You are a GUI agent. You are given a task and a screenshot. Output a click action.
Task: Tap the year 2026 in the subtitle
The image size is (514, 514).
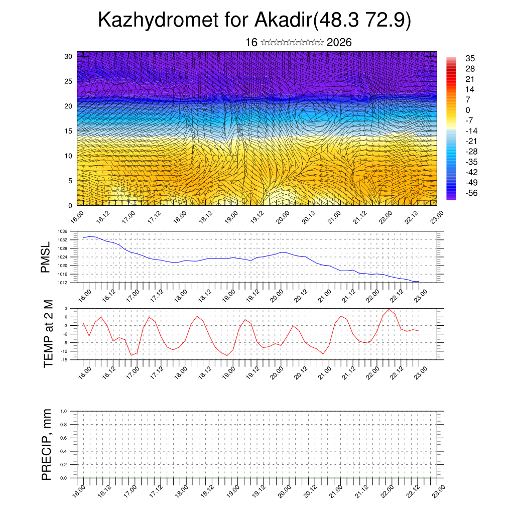point(339,42)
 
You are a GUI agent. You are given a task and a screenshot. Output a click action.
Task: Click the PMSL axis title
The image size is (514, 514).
point(46,258)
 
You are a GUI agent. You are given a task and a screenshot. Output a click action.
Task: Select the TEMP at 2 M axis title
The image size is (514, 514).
point(48,334)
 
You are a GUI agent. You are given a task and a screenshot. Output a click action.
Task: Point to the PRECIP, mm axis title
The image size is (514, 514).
point(47,444)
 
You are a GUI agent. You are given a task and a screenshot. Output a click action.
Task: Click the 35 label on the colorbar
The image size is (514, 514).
point(470,58)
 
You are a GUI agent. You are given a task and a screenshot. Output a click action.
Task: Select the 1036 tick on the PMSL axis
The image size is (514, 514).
point(62,231)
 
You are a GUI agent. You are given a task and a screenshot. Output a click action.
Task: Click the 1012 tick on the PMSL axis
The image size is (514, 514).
point(62,283)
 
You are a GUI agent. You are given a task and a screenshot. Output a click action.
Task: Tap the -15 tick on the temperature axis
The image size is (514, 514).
point(64,359)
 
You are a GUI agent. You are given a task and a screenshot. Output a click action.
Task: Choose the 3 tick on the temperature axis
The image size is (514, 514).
point(66,308)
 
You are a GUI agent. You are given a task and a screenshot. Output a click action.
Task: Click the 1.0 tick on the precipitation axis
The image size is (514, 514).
point(64,411)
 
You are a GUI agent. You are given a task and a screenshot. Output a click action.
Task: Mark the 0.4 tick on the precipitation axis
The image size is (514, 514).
point(64,451)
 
